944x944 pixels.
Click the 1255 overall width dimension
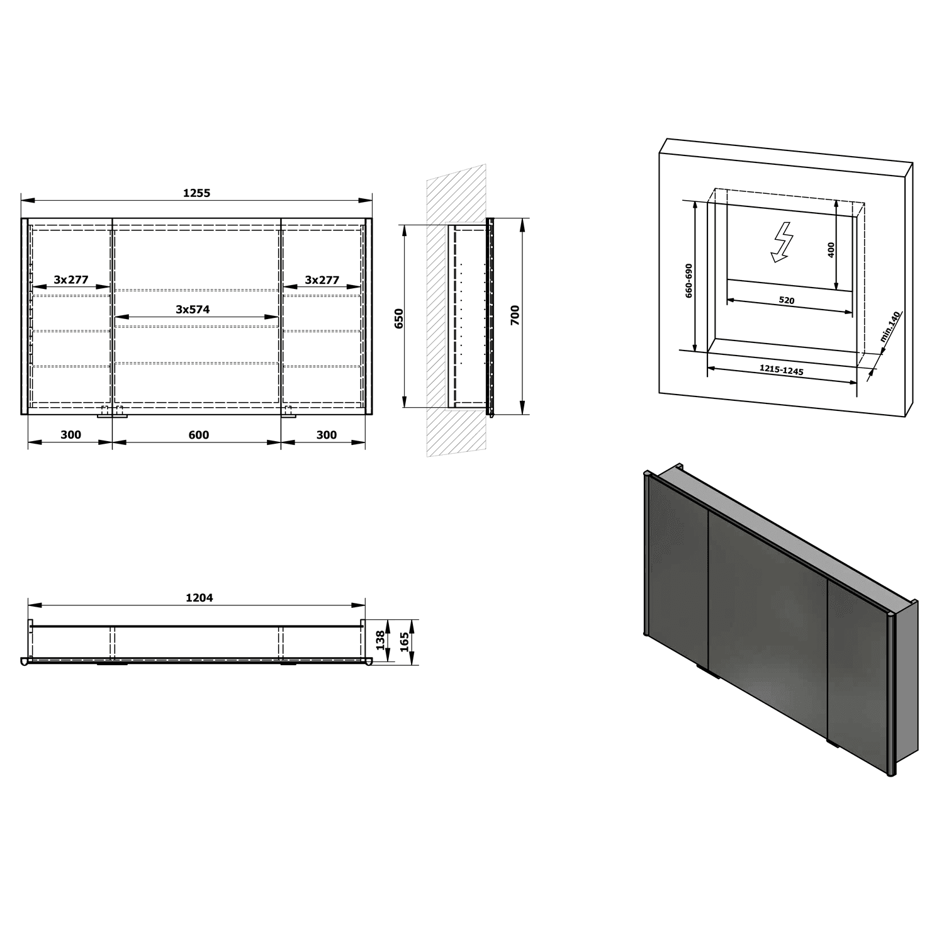pyautogui.click(x=196, y=193)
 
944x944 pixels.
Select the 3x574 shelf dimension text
pyautogui.click(x=193, y=309)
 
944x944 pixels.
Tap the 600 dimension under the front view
pyautogui.click(x=198, y=435)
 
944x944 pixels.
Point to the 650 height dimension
pyautogui.click(x=399, y=319)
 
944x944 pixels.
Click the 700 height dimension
pyautogui.click(x=515, y=315)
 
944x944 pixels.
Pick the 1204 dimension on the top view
pyautogui.click(x=199, y=598)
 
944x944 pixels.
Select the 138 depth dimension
pyautogui.click(x=379, y=641)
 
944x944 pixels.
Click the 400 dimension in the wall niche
pyautogui.click(x=831, y=250)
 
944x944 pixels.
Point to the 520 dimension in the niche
pyautogui.click(x=787, y=301)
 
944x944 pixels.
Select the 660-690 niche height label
pyautogui.click(x=689, y=281)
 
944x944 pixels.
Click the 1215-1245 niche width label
pyautogui.click(x=782, y=370)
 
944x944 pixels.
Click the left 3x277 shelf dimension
pyautogui.click(x=70, y=280)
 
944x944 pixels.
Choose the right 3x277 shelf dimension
pyautogui.click(x=322, y=280)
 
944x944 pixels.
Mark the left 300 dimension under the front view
pyautogui.click(x=70, y=435)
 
